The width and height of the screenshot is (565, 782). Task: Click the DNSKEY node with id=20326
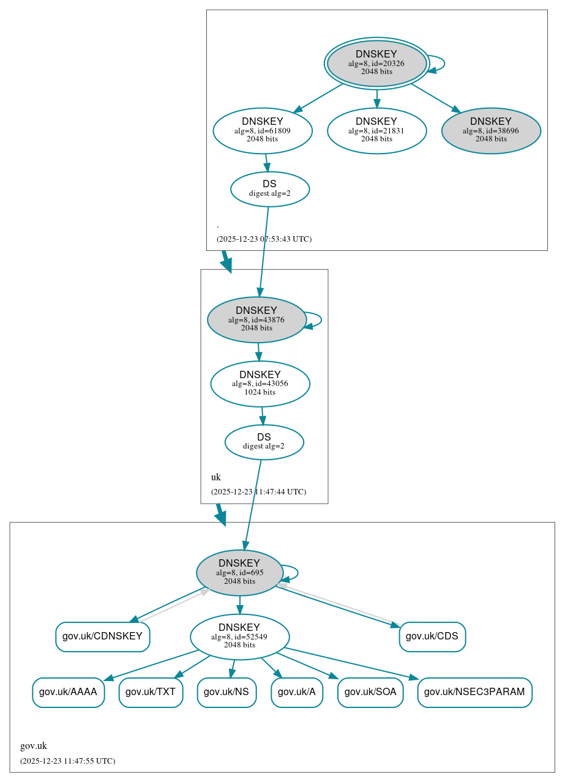tap(376, 63)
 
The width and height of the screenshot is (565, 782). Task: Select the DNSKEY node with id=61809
tap(263, 130)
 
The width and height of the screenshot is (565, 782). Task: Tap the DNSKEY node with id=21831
tap(376, 130)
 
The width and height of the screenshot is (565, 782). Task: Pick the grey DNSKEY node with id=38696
tap(490, 130)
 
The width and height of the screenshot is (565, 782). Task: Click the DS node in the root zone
tap(269, 189)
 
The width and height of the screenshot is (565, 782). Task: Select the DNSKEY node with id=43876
tap(256, 319)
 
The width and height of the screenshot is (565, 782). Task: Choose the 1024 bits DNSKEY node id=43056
tap(260, 384)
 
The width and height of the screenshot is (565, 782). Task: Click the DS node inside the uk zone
tap(264, 442)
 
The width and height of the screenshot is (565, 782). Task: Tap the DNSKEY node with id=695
tap(239, 572)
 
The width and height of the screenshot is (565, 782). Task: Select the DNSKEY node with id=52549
tap(239, 637)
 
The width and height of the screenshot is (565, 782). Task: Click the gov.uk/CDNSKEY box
tap(102, 636)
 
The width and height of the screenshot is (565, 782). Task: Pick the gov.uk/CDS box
tap(432, 636)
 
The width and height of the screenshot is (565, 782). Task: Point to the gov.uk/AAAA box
tap(68, 692)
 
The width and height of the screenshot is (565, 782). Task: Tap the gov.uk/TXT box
tap(151, 692)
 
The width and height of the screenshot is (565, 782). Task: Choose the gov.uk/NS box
tap(226, 692)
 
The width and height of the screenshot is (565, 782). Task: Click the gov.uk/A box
tap(297, 692)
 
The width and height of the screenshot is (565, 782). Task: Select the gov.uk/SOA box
tap(370, 692)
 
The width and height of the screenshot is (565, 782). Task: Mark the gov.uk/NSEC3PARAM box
tap(474, 692)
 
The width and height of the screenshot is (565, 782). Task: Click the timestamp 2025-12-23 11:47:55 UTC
tap(67, 761)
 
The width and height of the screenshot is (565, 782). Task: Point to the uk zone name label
tap(216, 477)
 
